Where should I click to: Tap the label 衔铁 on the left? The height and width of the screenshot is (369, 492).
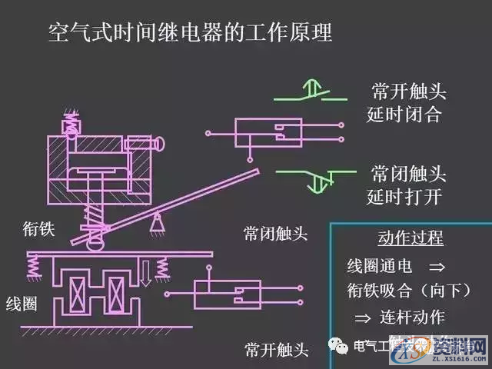click(38, 228)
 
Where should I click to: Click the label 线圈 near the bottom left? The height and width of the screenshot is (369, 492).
click(21, 302)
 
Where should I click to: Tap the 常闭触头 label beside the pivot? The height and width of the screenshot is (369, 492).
click(276, 233)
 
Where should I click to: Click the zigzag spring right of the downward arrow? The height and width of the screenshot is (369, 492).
click(163, 267)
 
